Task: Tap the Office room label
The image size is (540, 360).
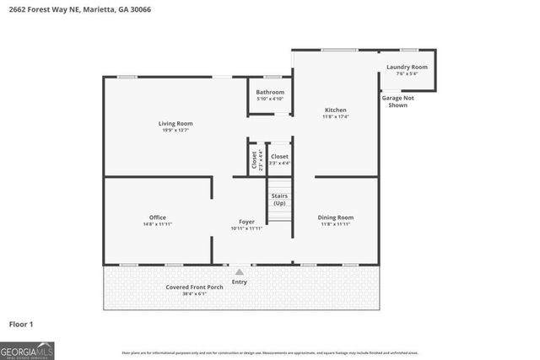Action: [x=157, y=218]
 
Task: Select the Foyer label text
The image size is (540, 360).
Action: [x=246, y=222]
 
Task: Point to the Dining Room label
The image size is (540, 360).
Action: [x=335, y=218]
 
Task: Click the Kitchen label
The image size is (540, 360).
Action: [x=336, y=110]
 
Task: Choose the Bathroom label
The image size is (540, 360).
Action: [x=270, y=92]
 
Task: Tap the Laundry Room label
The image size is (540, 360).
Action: [x=407, y=67]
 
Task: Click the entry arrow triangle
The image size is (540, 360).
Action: [x=240, y=271]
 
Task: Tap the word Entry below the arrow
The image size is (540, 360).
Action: [x=240, y=282]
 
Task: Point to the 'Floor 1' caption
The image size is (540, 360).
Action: [x=21, y=323]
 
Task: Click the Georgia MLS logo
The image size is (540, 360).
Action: [x=27, y=350]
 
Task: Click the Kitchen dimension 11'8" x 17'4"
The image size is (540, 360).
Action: [x=336, y=116]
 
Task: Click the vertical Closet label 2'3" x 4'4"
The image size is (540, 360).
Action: [x=254, y=159]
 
